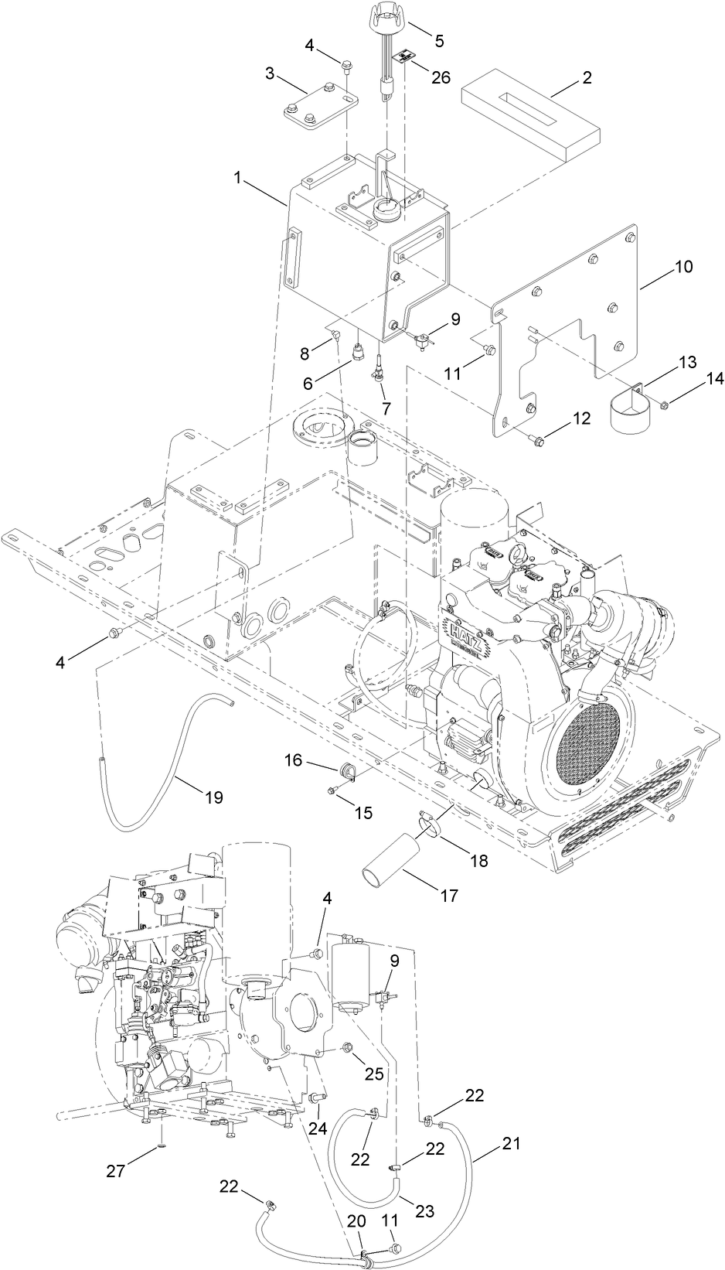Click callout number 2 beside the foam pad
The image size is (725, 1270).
pyautogui.click(x=587, y=77)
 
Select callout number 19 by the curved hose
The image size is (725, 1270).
pyautogui.click(x=214, y=797)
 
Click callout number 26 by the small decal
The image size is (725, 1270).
pyautogui.click(x=441, y=77)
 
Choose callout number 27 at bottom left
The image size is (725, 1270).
pyautogui.click(x=116, y=1171)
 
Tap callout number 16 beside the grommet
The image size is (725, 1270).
pyautogui.click(x=293, y=762)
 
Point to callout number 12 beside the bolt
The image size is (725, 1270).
pyautogui.click(x=581, y=418)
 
